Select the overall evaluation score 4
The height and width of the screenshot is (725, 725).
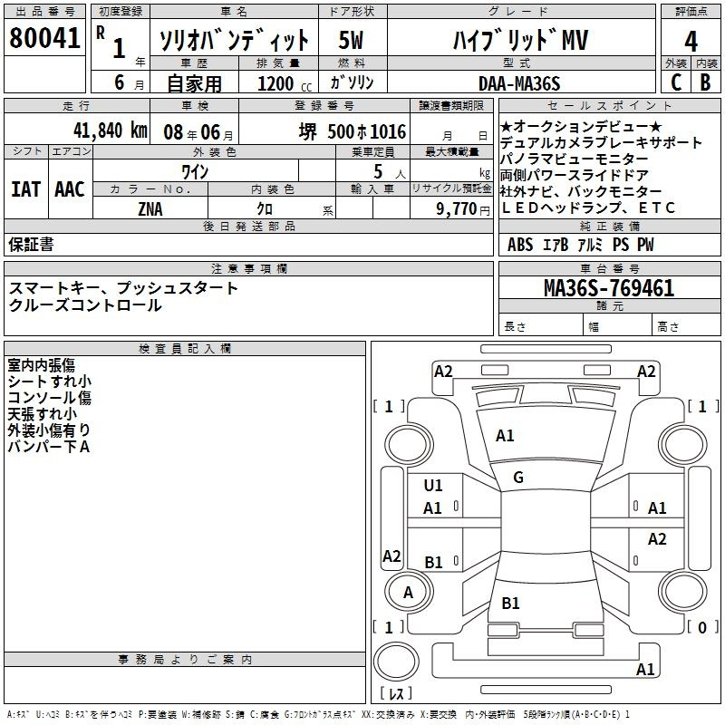pyautogui.click(x=691, y=42)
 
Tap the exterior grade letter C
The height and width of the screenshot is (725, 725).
pyautogui.click(x=676, y=82)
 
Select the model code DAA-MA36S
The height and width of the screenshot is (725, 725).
pyautogui.click(x=519, y=83)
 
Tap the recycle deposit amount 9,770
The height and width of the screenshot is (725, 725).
pyautogui.click(x=463, y=208)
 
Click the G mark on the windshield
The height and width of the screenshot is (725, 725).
pyautogui.click(x=517, y=478)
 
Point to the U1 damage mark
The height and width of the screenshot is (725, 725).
pyautogui.click(x=433, y=486)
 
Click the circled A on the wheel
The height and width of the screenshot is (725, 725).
pyautogui.click(x=408, y=593)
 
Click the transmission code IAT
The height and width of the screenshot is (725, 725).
pyautogui.click(x=25, y=189)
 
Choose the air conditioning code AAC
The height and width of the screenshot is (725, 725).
pyautogui.click(x=70, y=189)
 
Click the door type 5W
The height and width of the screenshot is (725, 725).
pyautogui.click(x=352, y=41)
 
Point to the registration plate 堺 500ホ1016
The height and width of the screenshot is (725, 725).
pyautogui.click(x=353, y=130)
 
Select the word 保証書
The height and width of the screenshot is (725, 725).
pyautogui.click(x=31, y=245)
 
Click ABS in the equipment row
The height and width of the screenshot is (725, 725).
pyautogui.click(x=520, y=245)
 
